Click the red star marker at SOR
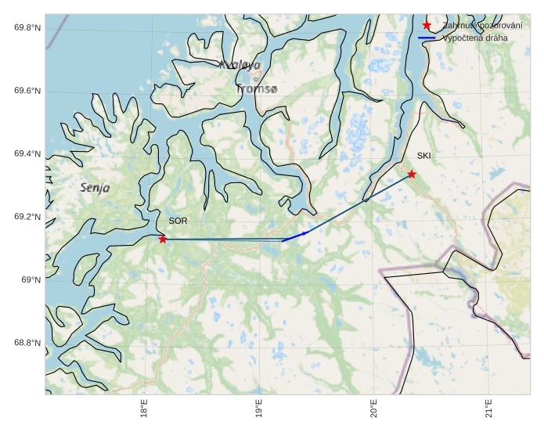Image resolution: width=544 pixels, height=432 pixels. (163, 239)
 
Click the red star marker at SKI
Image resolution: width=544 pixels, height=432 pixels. (412, 174)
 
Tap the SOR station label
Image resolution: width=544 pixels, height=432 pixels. (178, 221)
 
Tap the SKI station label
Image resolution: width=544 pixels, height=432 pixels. (423, 156)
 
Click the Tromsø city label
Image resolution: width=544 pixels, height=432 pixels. (256, 89)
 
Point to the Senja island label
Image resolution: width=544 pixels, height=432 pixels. (95, 188)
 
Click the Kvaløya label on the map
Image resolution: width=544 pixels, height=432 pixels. (240, 65)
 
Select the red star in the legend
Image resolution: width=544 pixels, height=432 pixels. (427, 26)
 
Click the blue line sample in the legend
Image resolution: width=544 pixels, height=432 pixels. (427, 38)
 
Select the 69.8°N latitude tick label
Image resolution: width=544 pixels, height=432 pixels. (27, 28)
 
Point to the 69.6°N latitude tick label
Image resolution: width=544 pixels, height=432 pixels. (27, 92)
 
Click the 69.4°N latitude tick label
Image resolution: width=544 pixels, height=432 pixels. (27, 154)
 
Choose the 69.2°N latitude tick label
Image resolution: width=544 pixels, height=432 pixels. (27, 217)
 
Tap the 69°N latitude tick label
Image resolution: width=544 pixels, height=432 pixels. (31, 280)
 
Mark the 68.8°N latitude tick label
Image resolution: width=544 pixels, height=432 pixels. (27, 343)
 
